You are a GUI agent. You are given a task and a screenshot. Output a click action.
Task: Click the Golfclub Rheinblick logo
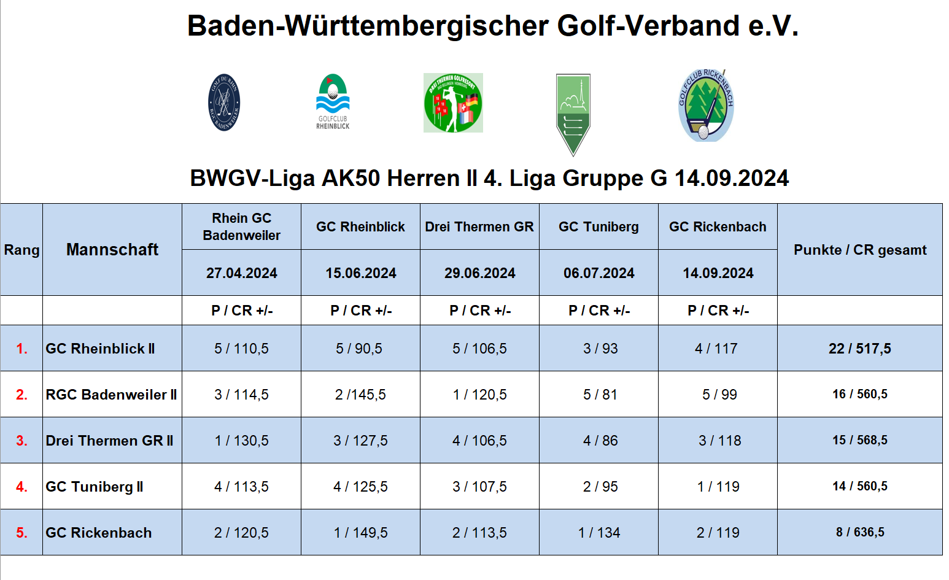[333, 102]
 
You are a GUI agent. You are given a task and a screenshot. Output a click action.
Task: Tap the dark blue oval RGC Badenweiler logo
[224, 102]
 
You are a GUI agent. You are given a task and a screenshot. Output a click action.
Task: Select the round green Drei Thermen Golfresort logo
[453, 103]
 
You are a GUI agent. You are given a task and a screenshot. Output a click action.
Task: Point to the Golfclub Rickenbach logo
[707, 106]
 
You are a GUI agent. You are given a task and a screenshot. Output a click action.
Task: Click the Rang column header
[21, 250]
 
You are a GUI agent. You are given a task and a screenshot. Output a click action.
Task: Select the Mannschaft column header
[112, 250]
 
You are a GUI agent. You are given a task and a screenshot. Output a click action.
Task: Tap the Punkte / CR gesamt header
[860, 250]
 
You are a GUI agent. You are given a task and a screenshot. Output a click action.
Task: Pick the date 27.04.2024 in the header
[242, 273]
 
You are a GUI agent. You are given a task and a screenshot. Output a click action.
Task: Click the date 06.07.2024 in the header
[599, 273]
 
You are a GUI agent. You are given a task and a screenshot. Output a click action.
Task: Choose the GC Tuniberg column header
[598, 226]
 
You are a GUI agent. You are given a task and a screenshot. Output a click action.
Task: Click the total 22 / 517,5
[860, 349]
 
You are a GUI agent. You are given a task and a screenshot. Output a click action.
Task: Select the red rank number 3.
[21, 441]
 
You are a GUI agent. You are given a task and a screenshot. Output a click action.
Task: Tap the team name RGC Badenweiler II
[111, 395]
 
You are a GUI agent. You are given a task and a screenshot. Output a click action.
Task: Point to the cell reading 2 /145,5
[360, 395]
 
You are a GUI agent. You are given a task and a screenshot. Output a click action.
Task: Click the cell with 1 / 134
[599, 533]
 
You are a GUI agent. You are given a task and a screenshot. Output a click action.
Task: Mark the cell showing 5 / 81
[600, 395]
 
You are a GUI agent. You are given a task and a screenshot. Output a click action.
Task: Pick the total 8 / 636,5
[860, 532]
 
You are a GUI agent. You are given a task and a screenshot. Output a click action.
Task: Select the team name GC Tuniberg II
[94, 487]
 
